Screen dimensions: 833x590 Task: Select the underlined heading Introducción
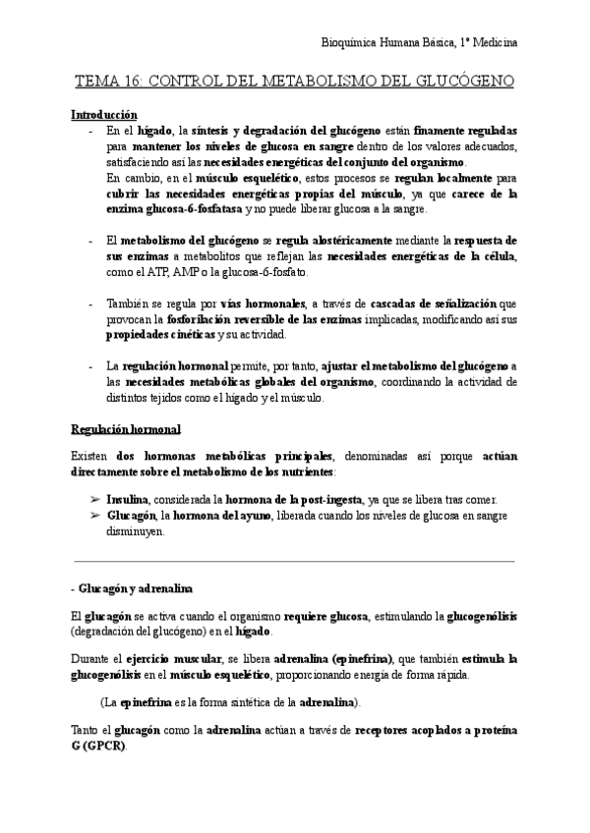point(105,115)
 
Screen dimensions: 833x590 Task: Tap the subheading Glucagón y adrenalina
point(137,587)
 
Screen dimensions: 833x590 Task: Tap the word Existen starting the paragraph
point(92,456)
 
